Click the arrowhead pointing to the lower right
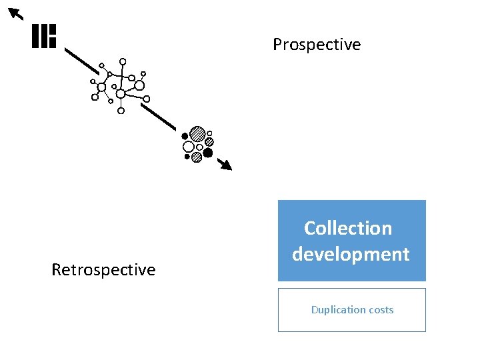click(227, 165)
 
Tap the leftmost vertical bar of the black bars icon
click(35, 36)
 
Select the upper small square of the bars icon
click(53, 30)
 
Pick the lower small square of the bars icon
click(53, 42)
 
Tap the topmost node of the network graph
click(123, 61)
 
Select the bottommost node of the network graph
click(121, 111)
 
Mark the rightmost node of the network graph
click(147, 99)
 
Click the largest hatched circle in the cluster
click(197, 134)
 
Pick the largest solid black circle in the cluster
click(208, 153)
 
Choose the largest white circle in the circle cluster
click(189, 147)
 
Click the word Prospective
click(317, 45)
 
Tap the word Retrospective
click(103, 270)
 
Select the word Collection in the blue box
click(348, 228)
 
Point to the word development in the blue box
click(351, 254)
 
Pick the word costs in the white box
click(379, 309)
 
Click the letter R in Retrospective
click(56, 270)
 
